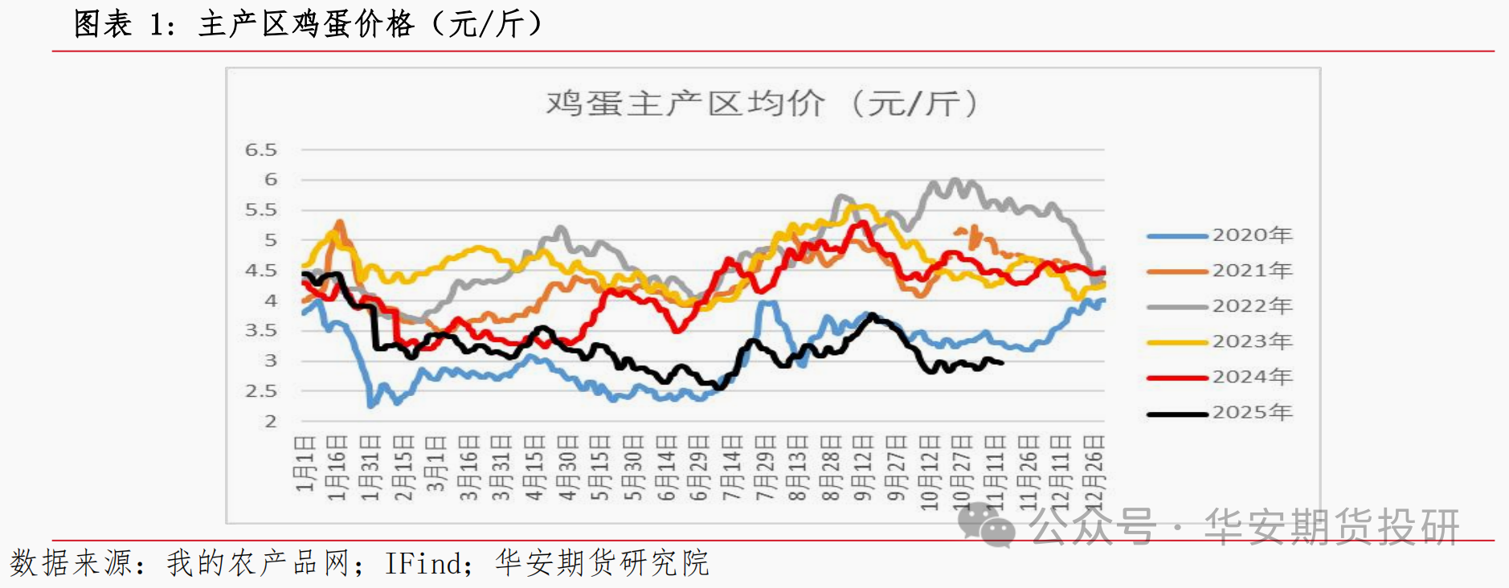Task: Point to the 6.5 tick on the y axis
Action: tap(260, 150)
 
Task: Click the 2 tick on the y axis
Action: tap(270, 421)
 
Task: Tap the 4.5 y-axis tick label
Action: tap(260, 271)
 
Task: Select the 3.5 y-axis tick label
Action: tap(260, 330)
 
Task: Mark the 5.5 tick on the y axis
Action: tap(260, 210)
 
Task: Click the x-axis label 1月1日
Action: tap(304, 464)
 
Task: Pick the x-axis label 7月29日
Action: tap(764, 468)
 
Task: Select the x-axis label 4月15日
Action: tap(534, 468)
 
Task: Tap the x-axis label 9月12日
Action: tap(862, 468)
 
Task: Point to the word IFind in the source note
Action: tap(424, 563)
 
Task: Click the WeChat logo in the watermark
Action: tap(985, 525)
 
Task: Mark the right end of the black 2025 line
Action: tap(1002, 363)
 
